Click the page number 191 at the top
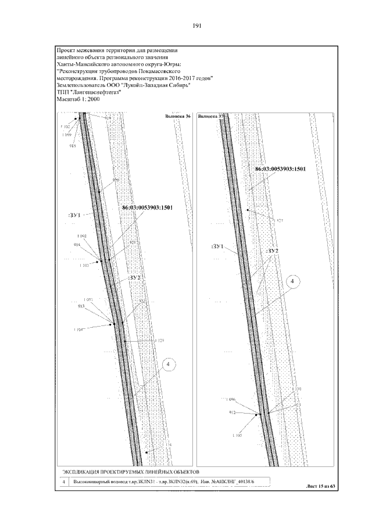pos(196,26)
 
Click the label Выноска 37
pos(210,117)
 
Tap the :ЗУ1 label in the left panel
pos(74,215)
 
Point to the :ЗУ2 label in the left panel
pos(135,278)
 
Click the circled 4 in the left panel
pos(168,364)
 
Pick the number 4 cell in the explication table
pos(63,481)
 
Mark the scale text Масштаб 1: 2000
pos(78,99)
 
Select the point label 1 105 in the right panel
pos(236,435)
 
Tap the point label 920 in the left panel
pos(116,180)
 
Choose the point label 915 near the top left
pos(73,146)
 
